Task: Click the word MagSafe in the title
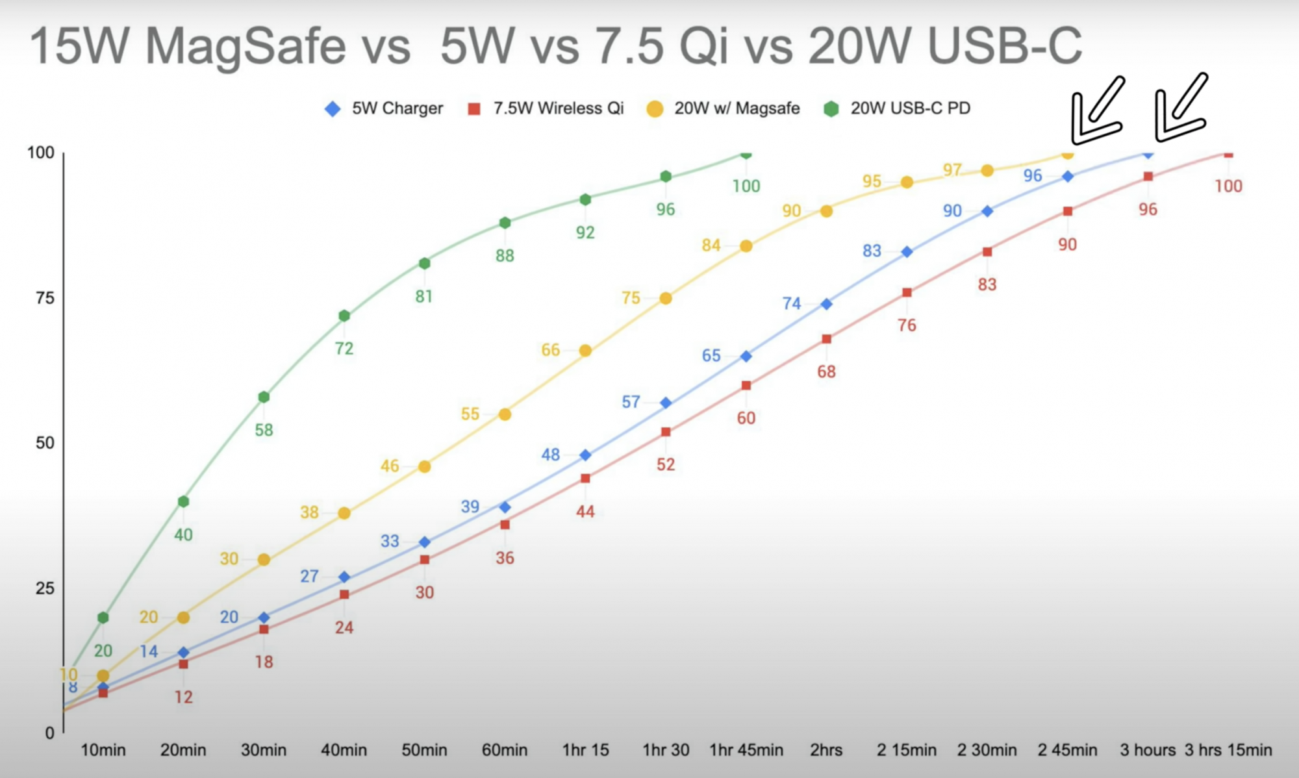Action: pyautogui.click(x=245, y=47)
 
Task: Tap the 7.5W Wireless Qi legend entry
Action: pyautogui.click(x=546, y=108)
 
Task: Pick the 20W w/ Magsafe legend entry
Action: pyautogui.click(x=724, y=108)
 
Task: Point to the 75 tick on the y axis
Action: pyautogui.click(x=45, y=298)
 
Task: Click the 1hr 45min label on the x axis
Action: pyautogui.click(x=746, y=750)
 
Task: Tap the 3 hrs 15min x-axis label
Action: pyautogui.click(x=1228, y=750)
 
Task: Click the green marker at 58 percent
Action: pyautogui.click(x=264, y=397)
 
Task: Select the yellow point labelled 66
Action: pyautogui.click(x=585, y=351)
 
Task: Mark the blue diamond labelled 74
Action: pyautogui.click(x=826, y=304)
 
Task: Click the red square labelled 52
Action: pyautogui.click(x=666, y=432)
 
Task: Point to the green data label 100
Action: pyautogui.click(x=746, y=186)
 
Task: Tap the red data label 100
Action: pyautogui.click(x=1228, y=186)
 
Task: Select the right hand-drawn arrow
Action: pyautogui.click(x=1180, y=109)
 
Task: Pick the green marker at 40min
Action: pyautogui.click(x=344, y=316)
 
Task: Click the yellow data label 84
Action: pyautogui.click(x=711, y=245)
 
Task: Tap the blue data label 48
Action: pyautogui.click(x=551, y=455)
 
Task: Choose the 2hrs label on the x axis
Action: pyautogui.click(x=826, y=750)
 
